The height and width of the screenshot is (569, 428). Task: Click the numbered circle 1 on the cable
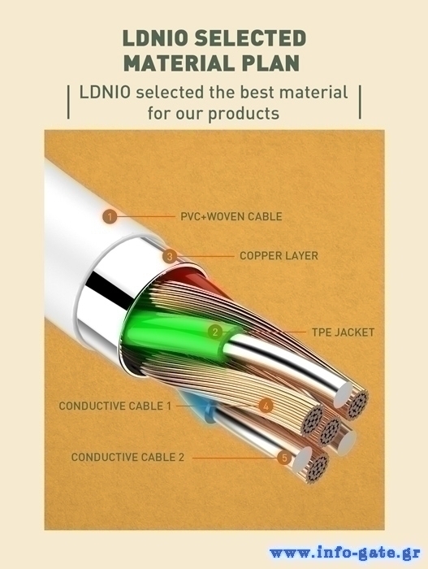coord(110,217)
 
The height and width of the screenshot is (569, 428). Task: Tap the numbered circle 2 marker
coord(215,332)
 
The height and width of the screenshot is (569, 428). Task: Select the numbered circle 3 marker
coord(170,257)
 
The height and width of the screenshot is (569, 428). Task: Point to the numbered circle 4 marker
coord(266,406)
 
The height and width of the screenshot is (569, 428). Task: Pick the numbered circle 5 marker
coord(284,458)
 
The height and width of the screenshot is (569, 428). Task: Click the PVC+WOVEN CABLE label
coord(231,217)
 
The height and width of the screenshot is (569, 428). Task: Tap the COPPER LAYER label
coord(279,256)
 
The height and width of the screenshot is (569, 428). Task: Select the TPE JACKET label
coord(343,332)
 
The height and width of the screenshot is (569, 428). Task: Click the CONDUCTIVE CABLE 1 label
coord(115,406)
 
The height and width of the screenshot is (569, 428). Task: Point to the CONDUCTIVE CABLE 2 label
coord(128,457)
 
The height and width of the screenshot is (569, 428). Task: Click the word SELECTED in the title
coord(250,38)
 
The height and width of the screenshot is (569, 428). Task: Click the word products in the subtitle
coord(244,114)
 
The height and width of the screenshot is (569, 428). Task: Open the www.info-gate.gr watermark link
coord(345,553)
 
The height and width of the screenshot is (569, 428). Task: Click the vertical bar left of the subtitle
coord(68,102)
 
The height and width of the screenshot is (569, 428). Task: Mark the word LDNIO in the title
coord(154,38)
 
